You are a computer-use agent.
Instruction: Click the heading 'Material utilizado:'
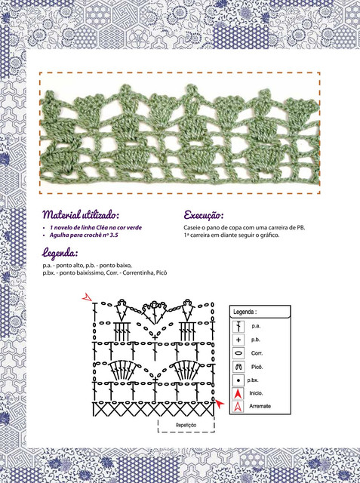click(81, 214)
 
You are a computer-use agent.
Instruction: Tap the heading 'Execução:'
click(204, 215)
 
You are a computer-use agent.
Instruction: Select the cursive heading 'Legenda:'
click(60, 253)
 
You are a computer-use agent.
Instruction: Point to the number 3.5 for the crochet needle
click(114, 235)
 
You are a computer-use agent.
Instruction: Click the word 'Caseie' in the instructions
click(191, 228)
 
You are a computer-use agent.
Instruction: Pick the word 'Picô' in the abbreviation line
click(162, 272)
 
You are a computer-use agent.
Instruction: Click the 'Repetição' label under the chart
click(186, 425)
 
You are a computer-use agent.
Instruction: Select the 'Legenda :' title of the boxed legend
click(245, 312)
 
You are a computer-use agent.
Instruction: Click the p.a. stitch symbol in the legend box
click(238, 326)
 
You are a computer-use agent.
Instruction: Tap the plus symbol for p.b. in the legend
click(238, 340)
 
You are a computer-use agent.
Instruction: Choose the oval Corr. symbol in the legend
click(238, 353)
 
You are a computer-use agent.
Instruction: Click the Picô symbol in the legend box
click(238, 367)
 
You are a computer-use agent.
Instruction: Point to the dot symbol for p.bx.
click(238, 380)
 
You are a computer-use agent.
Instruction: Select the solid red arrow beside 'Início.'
click(238, 393)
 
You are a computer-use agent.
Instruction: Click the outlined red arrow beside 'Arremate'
click(238, 407)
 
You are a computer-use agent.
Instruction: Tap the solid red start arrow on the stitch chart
click(220, 403)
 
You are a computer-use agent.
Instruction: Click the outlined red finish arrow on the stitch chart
click(87, 297)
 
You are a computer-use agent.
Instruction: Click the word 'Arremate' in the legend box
click(260, 406)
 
